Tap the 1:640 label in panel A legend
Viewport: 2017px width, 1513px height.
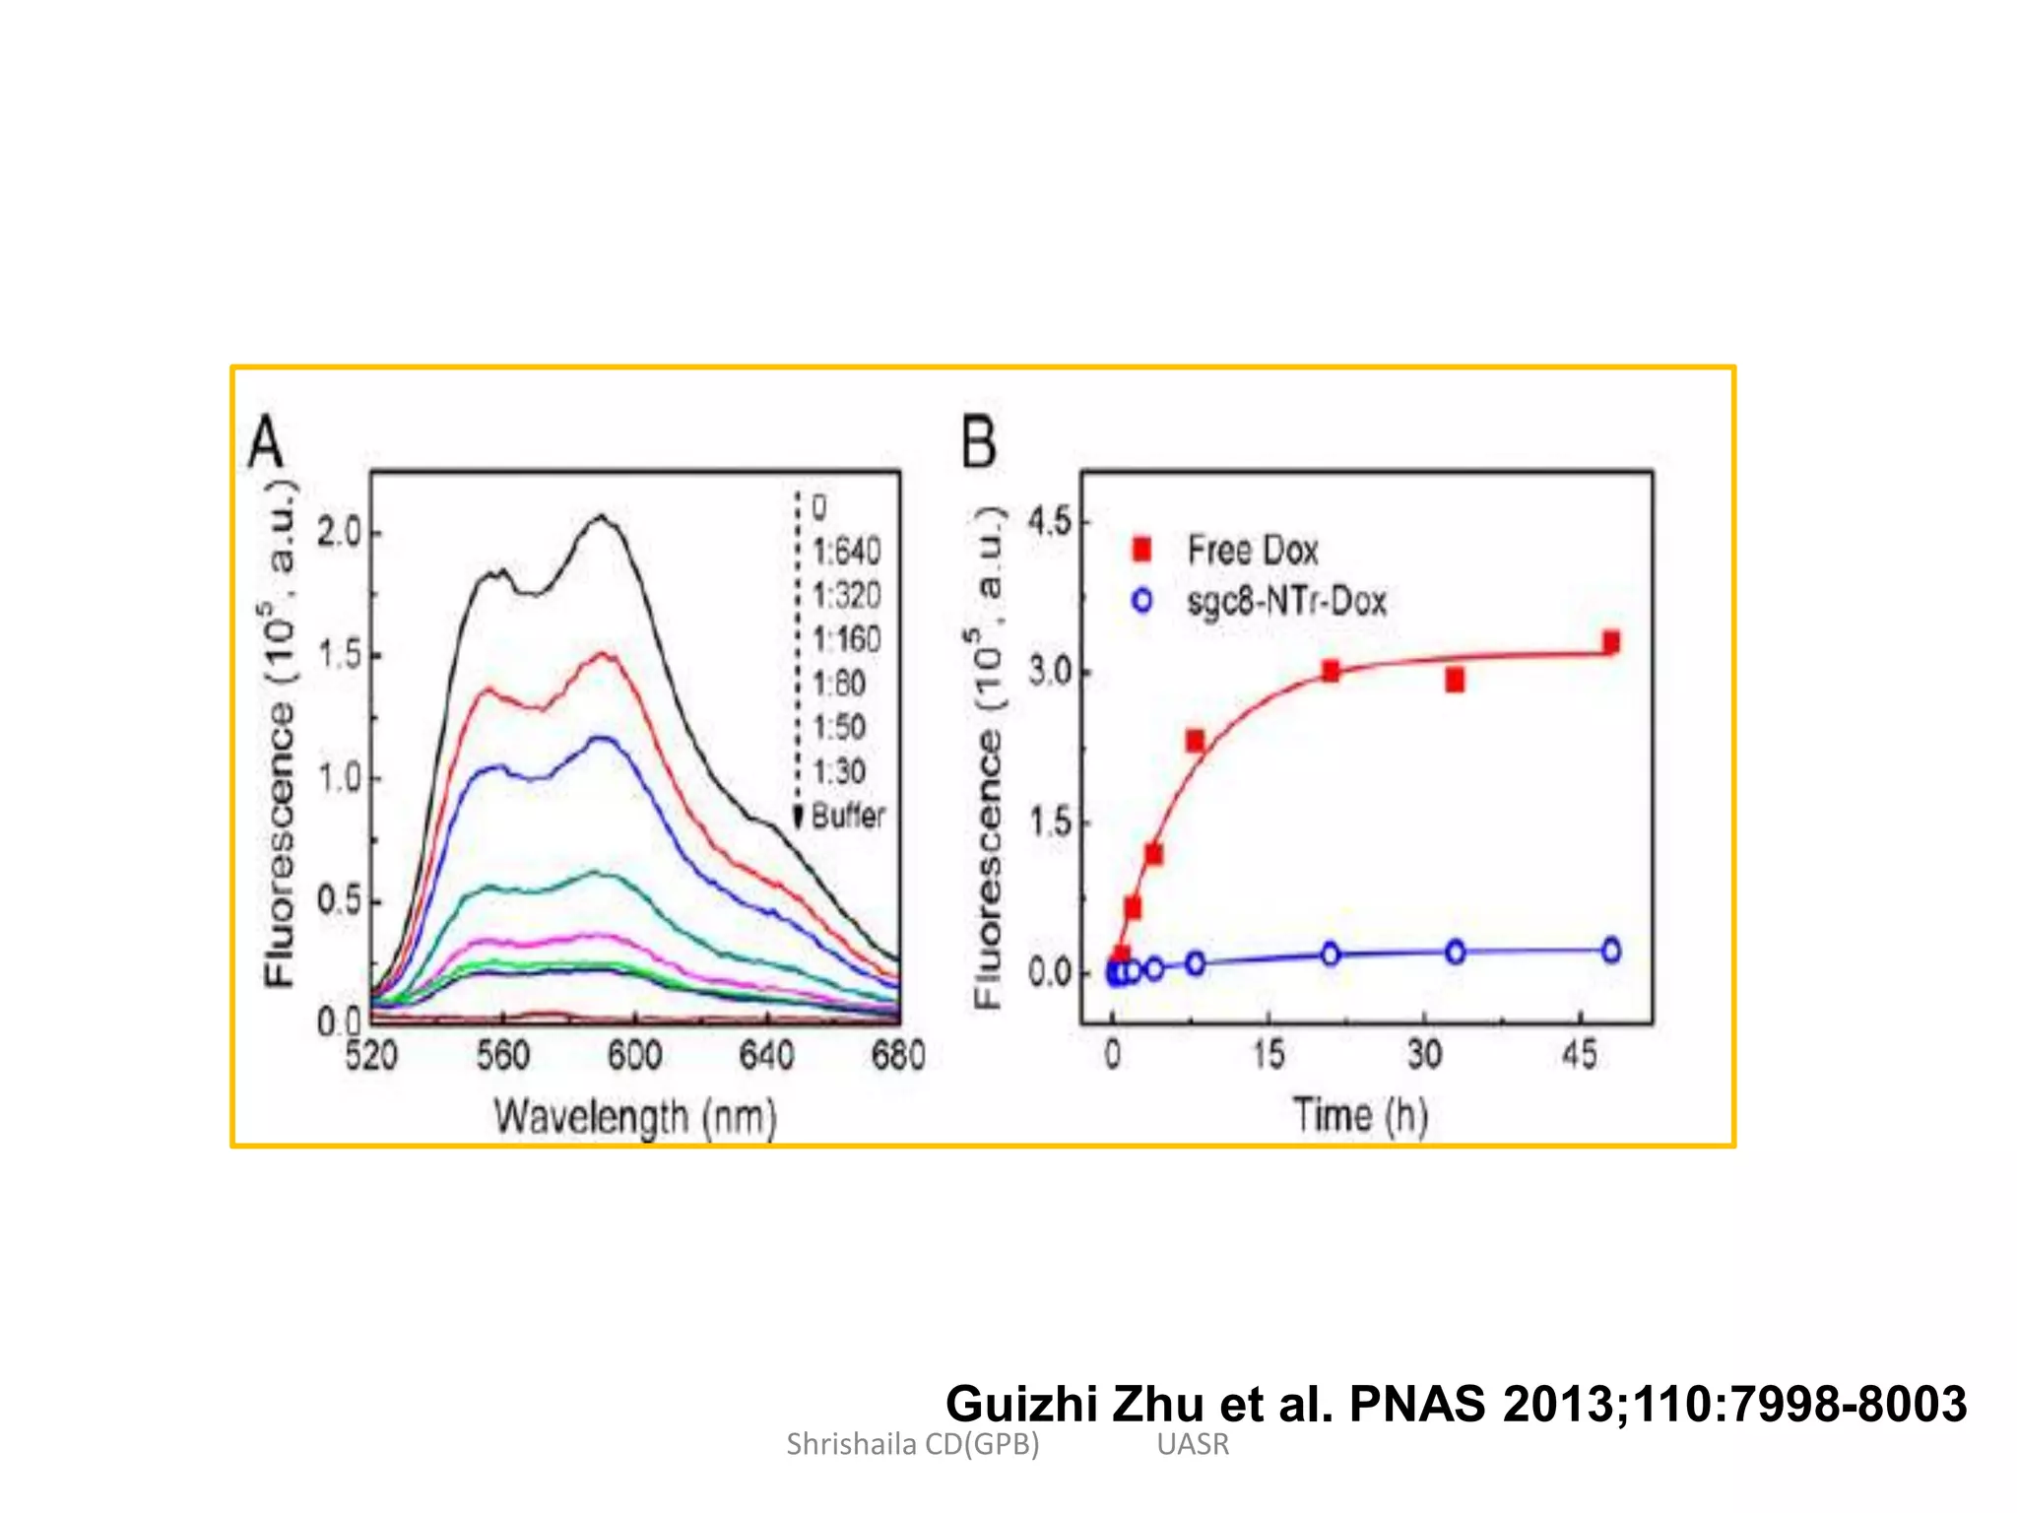point(846,552)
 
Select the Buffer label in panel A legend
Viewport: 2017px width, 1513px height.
point(848,816)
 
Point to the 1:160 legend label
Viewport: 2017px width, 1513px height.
point(846,640)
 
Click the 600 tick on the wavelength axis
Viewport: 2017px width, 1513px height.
point(634,1056)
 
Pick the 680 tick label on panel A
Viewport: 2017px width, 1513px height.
point(897,1056)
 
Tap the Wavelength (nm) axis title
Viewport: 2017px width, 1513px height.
point(635,1118)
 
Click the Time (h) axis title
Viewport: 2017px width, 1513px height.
point(1360,1116)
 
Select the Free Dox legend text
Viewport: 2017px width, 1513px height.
point(1252,550)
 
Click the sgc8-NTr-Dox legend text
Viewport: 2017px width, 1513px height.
point(1286,601)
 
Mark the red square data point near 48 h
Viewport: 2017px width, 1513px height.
point(1611,642)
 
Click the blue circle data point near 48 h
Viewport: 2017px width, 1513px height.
point(1611,951)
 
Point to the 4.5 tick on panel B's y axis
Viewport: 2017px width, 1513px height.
point(1049,521)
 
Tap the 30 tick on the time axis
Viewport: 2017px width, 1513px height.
point(1424,1056)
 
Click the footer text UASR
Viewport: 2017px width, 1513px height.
point(1193,1444)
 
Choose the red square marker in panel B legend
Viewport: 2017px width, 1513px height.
point(1141,550)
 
